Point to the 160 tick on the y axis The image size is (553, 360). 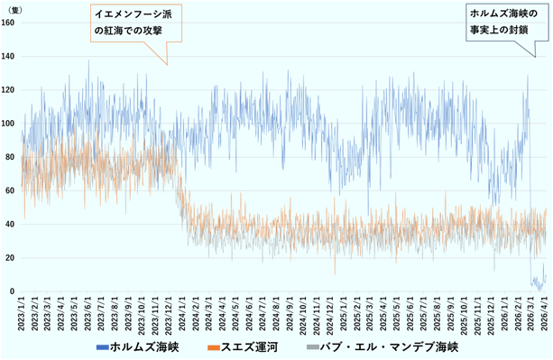[x=8, y=23]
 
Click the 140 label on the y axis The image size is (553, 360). [x=8, y=56]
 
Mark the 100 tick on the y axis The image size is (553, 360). [x=8, y=124]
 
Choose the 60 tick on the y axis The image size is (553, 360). [x=10, y=191]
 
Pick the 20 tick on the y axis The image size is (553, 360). [x=10, y=258]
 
